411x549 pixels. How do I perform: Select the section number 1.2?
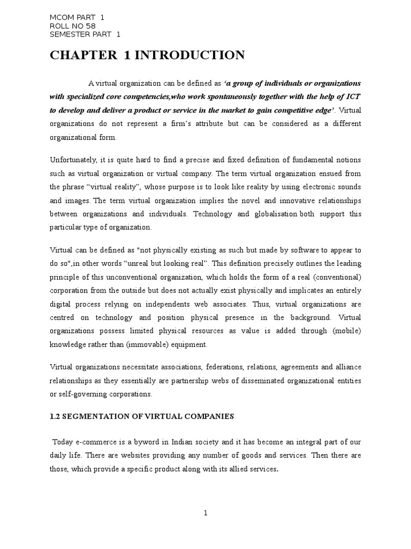[55, 416]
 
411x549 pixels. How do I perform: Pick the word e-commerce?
[96, 442]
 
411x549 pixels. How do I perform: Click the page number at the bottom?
[205, 513]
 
